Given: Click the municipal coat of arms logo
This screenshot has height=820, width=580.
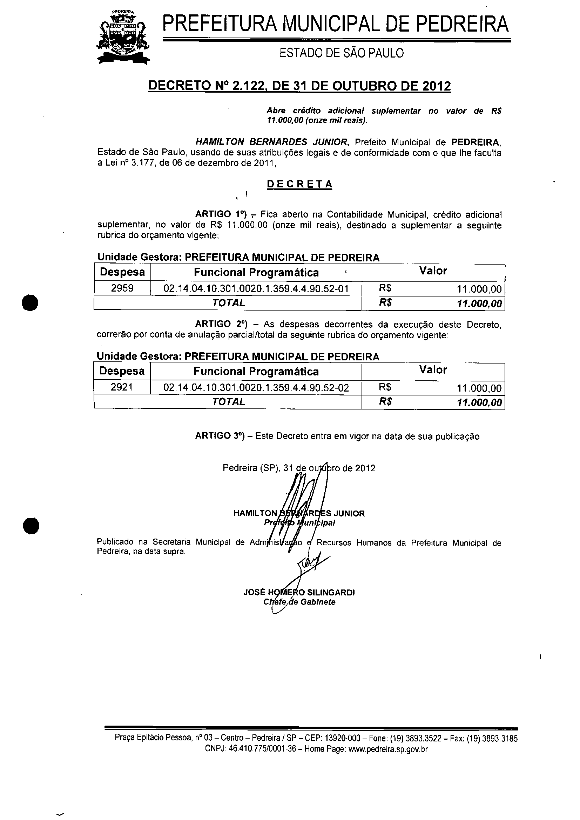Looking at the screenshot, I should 123,38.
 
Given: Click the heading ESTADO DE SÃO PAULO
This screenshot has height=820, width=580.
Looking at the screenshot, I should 342,53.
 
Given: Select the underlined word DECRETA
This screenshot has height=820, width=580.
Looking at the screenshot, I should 299,184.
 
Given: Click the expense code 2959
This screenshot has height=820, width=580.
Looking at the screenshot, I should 122,288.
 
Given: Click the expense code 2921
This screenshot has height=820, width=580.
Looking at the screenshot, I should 122,387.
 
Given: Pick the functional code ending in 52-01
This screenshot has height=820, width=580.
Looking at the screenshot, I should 256,288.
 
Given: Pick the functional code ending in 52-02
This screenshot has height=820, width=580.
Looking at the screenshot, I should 256,387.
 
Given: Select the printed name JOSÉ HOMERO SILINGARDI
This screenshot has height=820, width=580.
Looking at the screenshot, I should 299,592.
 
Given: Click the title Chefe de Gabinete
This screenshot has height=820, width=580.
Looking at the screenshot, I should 299,602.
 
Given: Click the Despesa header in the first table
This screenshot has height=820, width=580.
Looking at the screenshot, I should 122,272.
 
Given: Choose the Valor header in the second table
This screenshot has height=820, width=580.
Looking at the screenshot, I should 433,370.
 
